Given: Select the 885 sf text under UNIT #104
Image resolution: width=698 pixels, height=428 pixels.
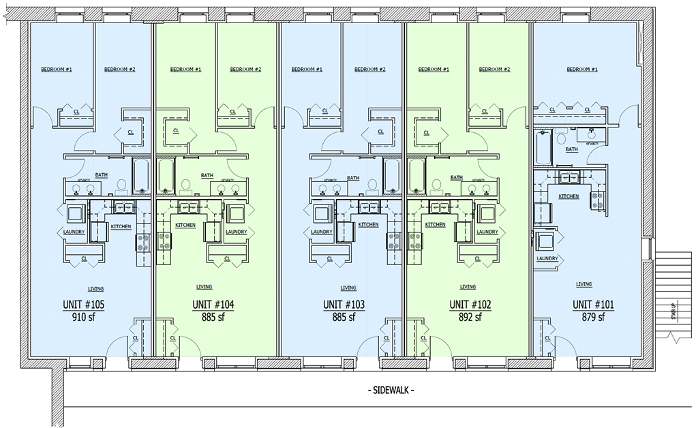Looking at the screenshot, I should point(213,317).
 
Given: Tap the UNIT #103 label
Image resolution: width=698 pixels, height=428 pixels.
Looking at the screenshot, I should point(344,305).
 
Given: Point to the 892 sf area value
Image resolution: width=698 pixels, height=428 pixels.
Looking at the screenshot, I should point(470,317).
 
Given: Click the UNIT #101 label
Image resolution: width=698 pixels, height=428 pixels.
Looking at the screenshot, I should point(593,305).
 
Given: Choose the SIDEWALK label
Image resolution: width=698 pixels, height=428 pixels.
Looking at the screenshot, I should point(391,391).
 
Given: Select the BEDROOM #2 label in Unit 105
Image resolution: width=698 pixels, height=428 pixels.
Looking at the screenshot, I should point(119,70).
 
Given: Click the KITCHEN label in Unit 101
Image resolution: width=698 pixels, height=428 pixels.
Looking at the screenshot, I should point(568,196).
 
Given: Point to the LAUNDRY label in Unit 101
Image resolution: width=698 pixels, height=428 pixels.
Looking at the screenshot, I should point(547,258).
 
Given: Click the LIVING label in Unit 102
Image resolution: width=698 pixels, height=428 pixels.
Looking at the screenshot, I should point(468,287).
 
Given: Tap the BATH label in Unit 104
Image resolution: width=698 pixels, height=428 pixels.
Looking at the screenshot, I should point(207,175).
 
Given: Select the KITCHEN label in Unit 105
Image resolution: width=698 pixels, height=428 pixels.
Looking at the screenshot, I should point(121,226).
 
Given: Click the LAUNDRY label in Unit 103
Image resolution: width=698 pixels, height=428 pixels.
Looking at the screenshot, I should point(321,232).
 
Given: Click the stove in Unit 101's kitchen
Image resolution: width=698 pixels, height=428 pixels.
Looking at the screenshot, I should point(597,200).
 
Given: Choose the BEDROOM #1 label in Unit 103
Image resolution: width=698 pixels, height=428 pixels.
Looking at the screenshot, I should point(306,70).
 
